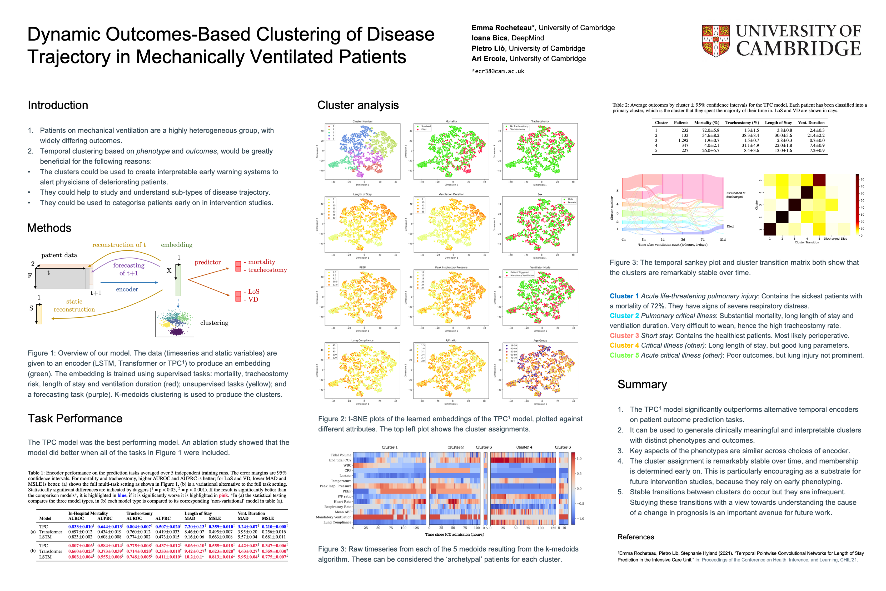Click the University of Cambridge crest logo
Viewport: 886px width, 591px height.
[x=715, y=41]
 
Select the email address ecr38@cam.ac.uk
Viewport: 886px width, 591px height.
[x=498, y=71]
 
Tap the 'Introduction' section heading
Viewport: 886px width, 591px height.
[x=58, y=105]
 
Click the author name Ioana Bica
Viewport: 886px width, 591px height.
[x=489, y=38]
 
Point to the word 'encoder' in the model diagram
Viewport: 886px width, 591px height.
[x=127, y=289]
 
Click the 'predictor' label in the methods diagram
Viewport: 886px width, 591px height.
[x=208, y=262]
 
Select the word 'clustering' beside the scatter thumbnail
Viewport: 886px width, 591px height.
[x=214, y=323]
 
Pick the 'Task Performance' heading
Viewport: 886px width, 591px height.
[x=75, y=418]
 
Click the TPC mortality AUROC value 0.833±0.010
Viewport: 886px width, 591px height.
[x=81, y=526]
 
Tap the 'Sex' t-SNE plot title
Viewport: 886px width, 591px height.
[x=540, y=194]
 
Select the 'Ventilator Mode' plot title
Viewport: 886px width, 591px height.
[x=540, y=268]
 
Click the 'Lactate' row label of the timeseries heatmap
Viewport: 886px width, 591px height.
[x=345, y=476]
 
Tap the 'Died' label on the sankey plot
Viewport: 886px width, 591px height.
[x=730, y=226]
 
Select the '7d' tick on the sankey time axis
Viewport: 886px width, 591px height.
[x=702, y=240]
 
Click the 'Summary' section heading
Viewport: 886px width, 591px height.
[x=642, y=385]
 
